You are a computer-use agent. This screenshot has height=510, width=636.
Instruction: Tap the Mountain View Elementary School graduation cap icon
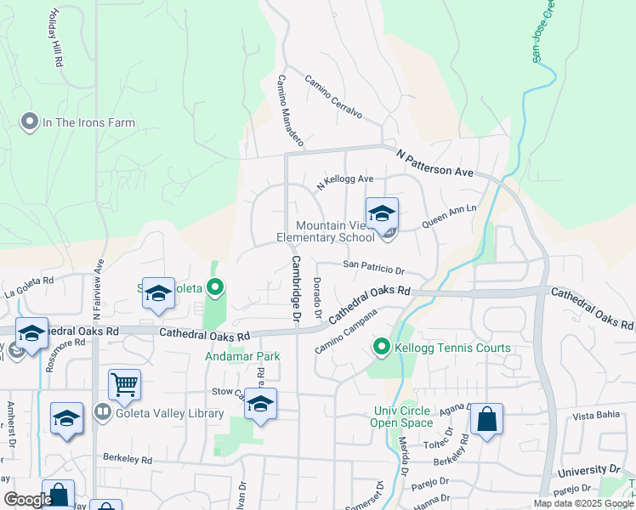(382, 212)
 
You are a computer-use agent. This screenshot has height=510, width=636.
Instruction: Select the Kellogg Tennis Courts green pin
(382, 348)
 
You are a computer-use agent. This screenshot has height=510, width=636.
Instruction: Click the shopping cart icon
(124, 384)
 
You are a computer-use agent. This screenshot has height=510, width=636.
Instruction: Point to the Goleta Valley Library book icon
(103, 413)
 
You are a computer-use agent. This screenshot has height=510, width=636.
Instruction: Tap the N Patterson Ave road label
(434, 161)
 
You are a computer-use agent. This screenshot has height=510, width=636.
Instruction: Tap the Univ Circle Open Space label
(403, 416)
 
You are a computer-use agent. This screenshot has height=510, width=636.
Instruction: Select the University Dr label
(589, 470)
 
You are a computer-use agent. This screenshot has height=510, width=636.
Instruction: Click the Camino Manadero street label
(288, 107)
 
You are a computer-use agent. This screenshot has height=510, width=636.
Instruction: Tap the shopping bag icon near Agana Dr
(486, 419)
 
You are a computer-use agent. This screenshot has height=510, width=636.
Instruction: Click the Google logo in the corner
(28, 500)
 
